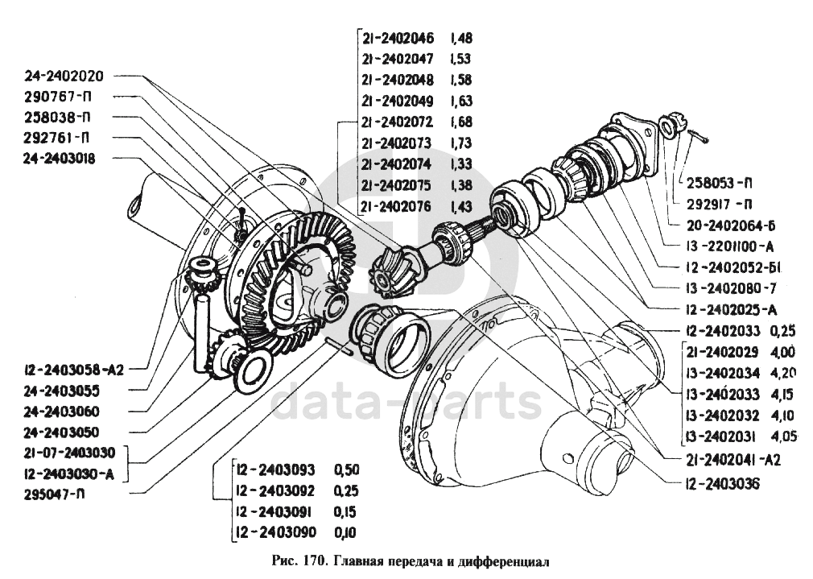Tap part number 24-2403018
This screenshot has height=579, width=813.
click(60, 159)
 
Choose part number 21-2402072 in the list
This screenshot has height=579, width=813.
click(398, 122)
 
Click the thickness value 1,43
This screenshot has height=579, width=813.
click(461, 205)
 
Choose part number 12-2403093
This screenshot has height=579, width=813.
click(276, 469)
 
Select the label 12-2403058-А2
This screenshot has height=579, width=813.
click(72, 370)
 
